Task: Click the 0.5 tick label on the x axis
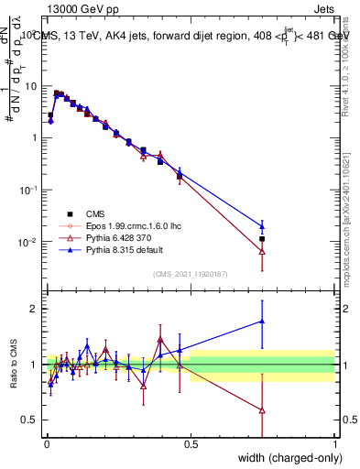coord(191,444)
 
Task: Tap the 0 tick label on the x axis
coord(47,444)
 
